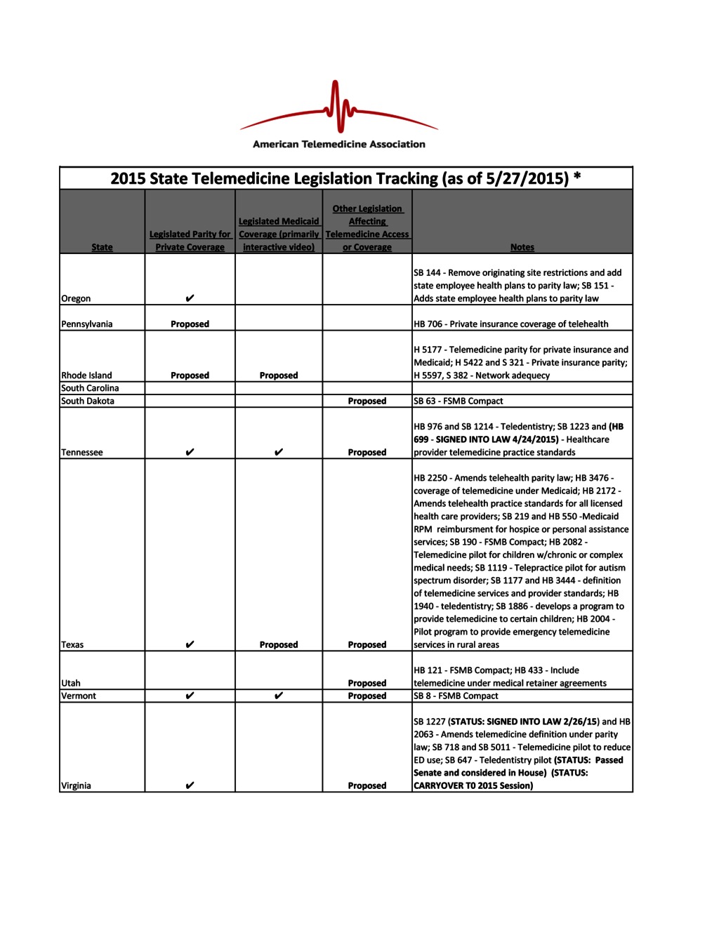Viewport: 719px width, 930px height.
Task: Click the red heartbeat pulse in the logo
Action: coord(340,107)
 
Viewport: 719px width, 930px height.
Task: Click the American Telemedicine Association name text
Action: coord(339,145)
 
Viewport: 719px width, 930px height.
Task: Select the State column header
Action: coord(102,247)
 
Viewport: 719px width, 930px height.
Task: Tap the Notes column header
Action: coord(522,247)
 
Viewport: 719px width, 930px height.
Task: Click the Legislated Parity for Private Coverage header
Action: coord(190,241)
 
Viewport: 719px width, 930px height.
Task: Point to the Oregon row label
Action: coord(76,298)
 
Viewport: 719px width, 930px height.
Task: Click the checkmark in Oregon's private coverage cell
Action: coord(190,298)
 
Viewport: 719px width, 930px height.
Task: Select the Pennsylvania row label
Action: coord(86,324)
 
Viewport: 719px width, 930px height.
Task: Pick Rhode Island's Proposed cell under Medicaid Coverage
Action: coord(279,376)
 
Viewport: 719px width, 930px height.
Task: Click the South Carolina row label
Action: coord(90,388)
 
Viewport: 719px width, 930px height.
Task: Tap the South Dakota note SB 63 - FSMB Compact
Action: coord(459,401)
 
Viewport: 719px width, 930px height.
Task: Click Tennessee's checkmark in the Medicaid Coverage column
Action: coord(279,452)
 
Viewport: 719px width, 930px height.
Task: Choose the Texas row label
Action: coord(72,644)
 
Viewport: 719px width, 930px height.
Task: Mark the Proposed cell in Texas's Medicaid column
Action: coord(279,644)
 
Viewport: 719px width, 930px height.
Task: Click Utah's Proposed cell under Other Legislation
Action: coord(367,683)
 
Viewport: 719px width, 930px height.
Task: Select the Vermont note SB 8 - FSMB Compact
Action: coord(456,696)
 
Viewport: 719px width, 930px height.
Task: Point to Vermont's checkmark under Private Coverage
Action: coord(190,696)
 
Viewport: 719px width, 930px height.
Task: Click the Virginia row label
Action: coord(76,786)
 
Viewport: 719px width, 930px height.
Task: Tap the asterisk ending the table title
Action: coord(577,176)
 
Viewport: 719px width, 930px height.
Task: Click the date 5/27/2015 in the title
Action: coord(526,179)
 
